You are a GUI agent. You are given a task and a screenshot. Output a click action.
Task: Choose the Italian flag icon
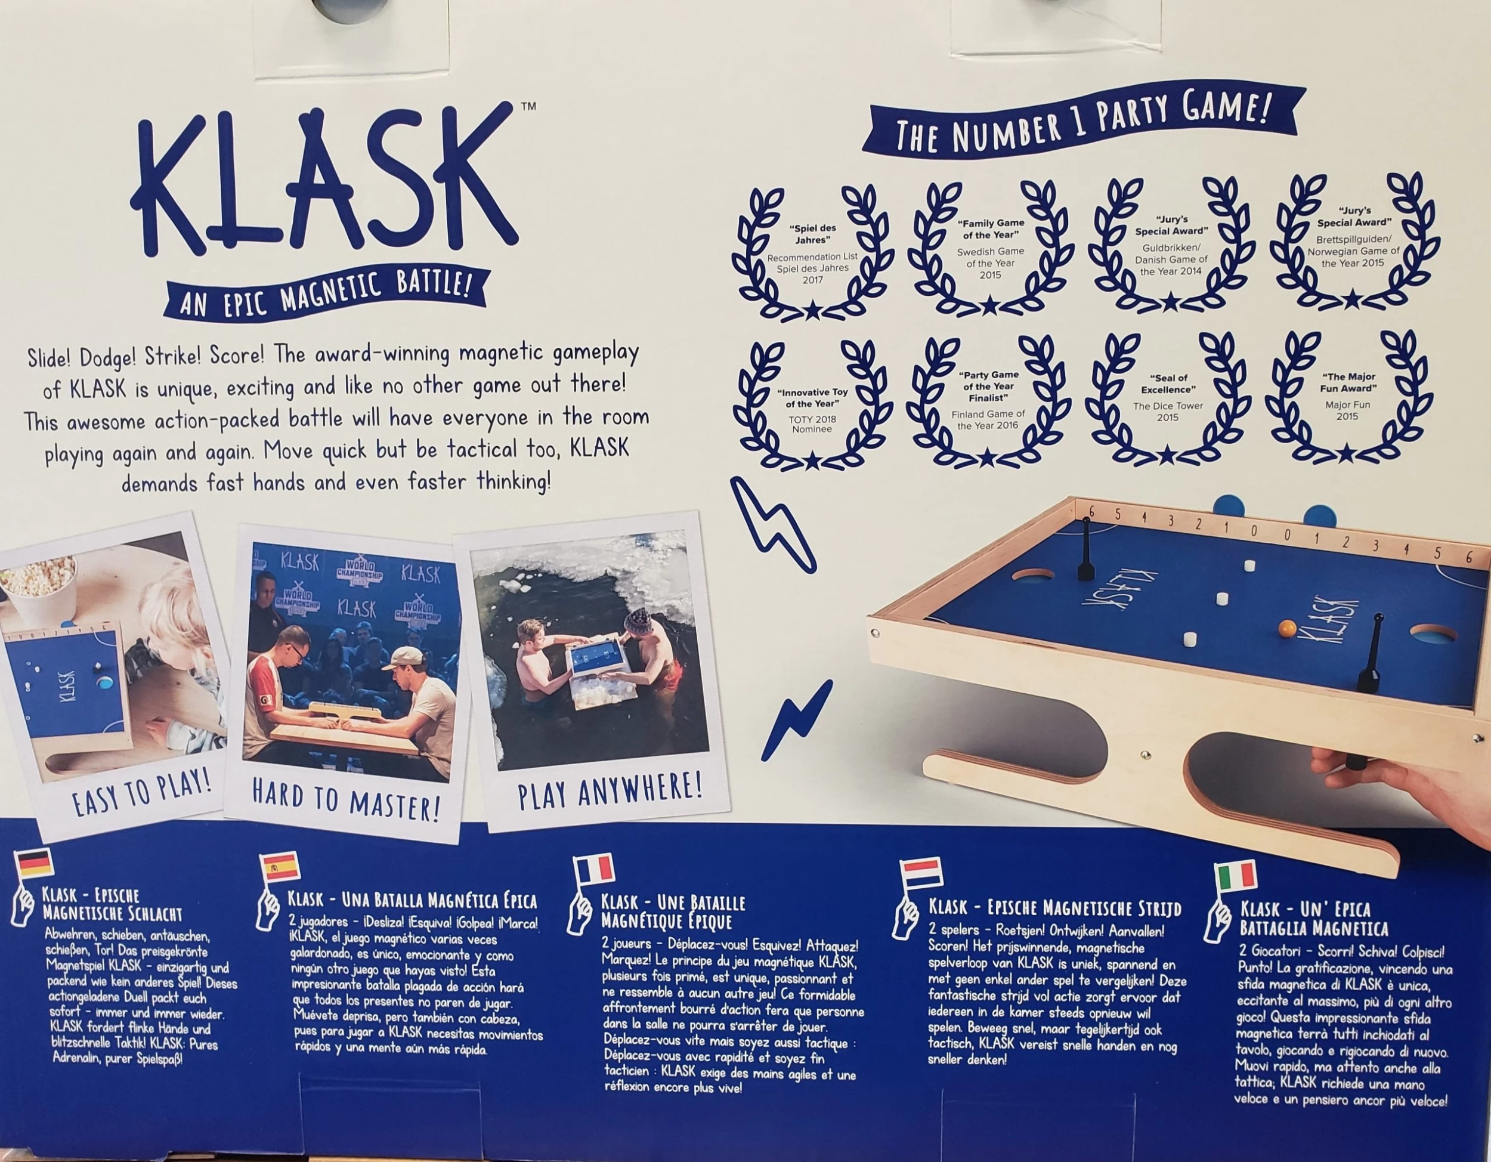pos(1236,876)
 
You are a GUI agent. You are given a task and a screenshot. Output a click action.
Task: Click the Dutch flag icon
pos(921,873)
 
